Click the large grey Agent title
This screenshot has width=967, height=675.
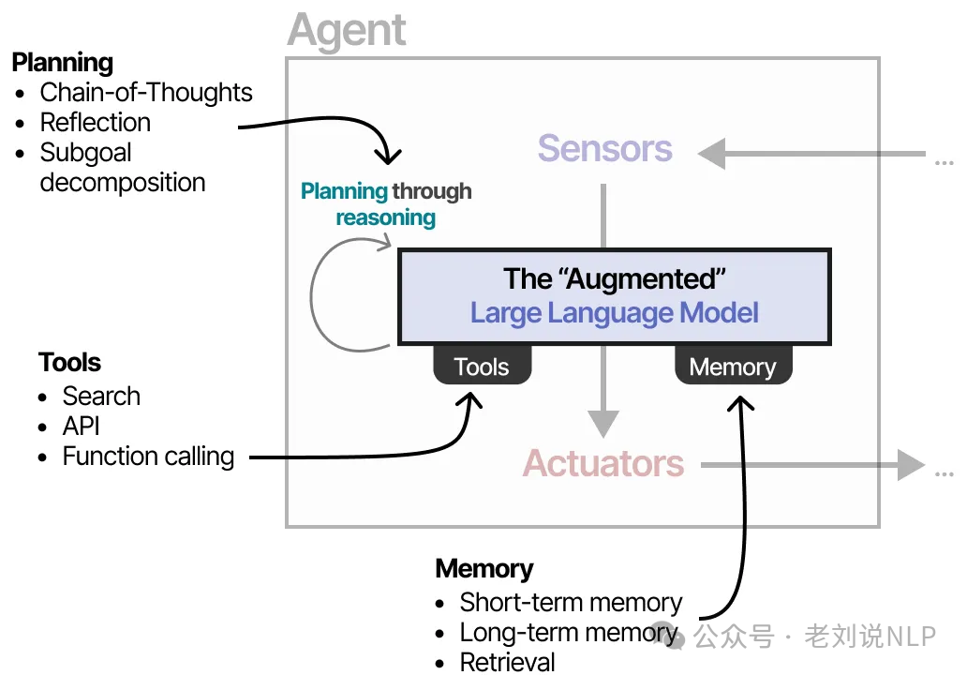pyautogui.click(x=347, y=30)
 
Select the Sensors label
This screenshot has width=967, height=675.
pyautogui.click(x=604, y=149)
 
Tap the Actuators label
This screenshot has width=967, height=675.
pyautogui.click(x=603, y=463)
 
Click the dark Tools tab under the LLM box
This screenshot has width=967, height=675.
pyautogui.click(x=482, y=367)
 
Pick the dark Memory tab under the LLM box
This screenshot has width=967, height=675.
pyautogui.click(x=733, y=367)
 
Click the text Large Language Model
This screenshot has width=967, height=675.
pyautogui.click(x=614, y=312)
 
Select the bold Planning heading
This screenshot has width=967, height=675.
pyautogui.click(x=62, y=63)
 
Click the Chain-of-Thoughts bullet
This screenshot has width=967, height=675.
pyautogui.click(x=145, y=93)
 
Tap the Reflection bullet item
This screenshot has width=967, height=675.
pyautogui.click(x=95, y=123)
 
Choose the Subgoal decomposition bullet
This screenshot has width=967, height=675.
pyautogui.click(x=122, y=168)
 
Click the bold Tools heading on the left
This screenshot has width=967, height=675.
pyautogui.click(x=69, y=363)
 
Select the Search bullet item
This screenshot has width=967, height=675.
pyautogui.click(x=101, y=397)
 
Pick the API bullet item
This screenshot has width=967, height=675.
pyautogui.click(x=81, y=427)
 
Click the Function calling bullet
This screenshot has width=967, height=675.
pyautogui.click(x=148, y=457)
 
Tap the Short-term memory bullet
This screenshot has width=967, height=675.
pyautogui.click(x=570, y=603)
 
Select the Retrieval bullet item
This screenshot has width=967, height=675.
pyautogui.click(x=507, y=662)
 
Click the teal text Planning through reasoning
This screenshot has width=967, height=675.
pyautogui.click(x=386, y=204)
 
